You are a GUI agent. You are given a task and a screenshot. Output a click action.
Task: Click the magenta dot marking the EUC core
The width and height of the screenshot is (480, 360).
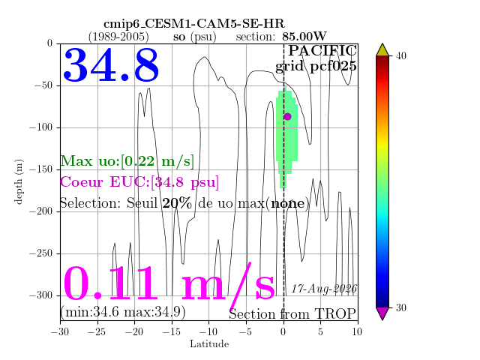click(287, 117)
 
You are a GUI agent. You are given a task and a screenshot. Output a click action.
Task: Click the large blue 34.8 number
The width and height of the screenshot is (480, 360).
click(111, 65)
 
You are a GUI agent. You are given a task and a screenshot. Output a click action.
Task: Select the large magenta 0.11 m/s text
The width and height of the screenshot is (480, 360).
click(169, 284)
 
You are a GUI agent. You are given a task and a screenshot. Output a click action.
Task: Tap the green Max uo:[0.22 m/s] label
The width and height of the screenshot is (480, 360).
click(127, 161)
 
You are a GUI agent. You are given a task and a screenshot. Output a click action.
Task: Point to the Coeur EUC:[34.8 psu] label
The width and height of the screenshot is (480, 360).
click(139, 182)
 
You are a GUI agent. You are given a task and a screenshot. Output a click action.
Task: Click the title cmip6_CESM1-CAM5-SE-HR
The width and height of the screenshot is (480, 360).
click(194, 24)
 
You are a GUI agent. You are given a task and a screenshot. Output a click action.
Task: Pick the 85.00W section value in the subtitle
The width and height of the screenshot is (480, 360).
click(304, 37)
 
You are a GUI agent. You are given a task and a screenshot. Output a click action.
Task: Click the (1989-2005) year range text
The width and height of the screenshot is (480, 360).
click(118, 37)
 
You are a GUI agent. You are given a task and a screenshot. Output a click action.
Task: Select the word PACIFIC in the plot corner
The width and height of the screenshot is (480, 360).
click(322, 51)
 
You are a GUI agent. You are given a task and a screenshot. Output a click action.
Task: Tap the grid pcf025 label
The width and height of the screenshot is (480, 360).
click(316, 67)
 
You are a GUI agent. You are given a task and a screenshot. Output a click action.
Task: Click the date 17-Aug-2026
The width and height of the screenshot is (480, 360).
click(324, 289)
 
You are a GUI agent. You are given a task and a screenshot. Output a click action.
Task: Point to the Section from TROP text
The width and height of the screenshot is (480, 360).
click(292, 313)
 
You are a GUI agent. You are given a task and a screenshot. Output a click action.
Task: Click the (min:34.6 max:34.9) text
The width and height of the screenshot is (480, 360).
click(123, 312)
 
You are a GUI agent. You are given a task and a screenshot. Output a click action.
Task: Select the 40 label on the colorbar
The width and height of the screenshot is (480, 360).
click(400, 56)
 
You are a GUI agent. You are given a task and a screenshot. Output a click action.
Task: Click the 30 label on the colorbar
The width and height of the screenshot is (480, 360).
click(400, 307)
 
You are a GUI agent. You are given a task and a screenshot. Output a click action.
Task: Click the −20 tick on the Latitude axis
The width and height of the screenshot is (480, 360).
click(135, 331)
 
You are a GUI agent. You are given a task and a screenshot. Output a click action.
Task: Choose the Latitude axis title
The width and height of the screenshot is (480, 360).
click(209, 344)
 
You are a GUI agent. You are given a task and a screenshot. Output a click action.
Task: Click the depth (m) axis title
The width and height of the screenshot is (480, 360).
click(18, 181)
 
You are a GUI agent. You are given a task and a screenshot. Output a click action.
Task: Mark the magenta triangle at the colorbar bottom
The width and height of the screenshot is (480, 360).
click(382, 313)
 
